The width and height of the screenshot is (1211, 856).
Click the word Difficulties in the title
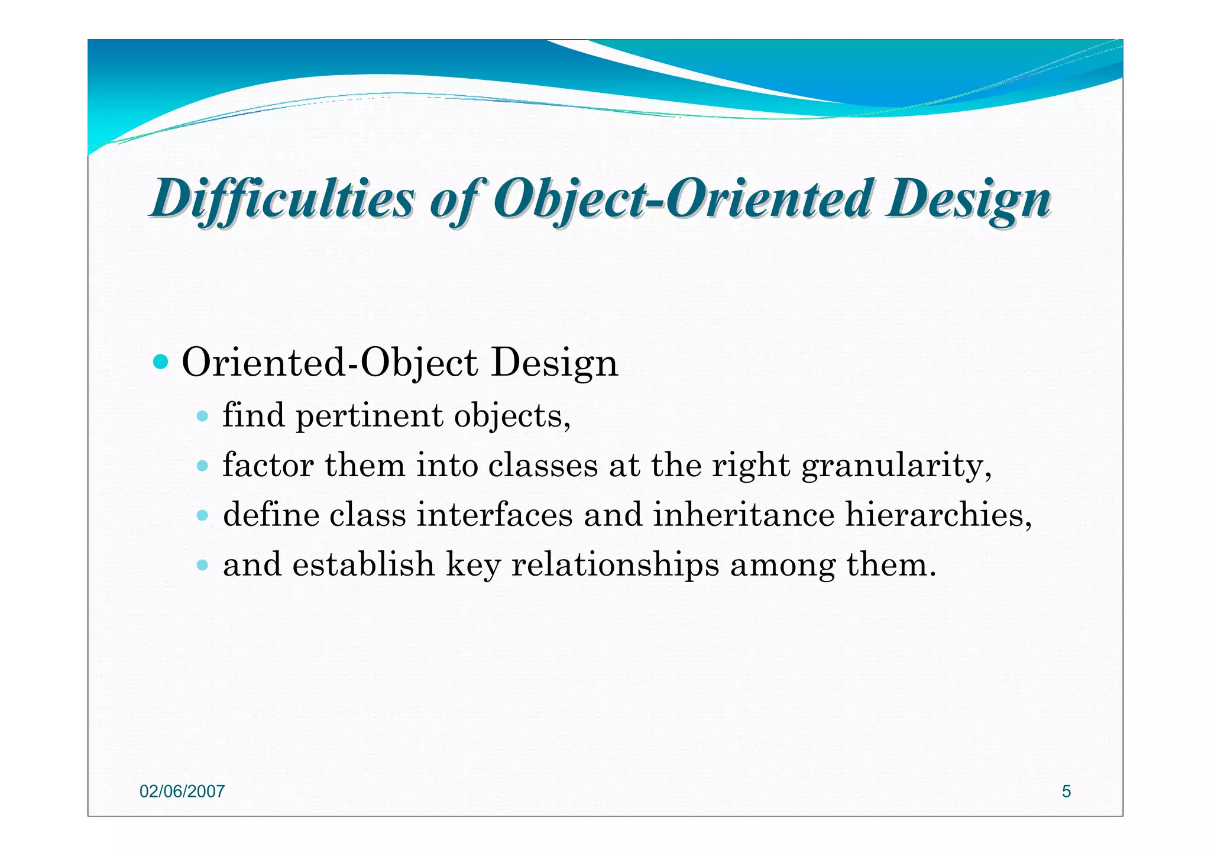tap(283, 199)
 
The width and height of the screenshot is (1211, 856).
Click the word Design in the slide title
tap(968, 199)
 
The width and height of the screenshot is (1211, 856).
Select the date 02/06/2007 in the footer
tap(182, 792)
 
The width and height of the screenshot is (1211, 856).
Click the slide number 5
tap(1066, 792)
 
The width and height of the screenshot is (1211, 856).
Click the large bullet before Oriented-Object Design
tap(160, 361)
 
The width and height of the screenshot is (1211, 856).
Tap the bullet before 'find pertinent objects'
tap(202, 416)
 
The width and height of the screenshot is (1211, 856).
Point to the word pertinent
tap(369, 416)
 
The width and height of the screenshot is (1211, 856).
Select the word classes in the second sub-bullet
tap(543, 466)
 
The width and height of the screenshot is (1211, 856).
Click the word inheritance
tap(743, 515)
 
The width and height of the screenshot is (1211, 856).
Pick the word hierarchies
tap(938, 515)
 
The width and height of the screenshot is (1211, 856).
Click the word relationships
tap(615, 565)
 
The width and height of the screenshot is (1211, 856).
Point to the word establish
tap(363, 564)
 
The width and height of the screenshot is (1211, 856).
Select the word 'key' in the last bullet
tap(473, 565)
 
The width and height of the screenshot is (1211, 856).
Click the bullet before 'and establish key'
tap(202, 565)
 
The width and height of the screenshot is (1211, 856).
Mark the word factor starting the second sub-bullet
tap(268, 466)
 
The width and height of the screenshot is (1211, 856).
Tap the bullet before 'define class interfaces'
tap(202, 515)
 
